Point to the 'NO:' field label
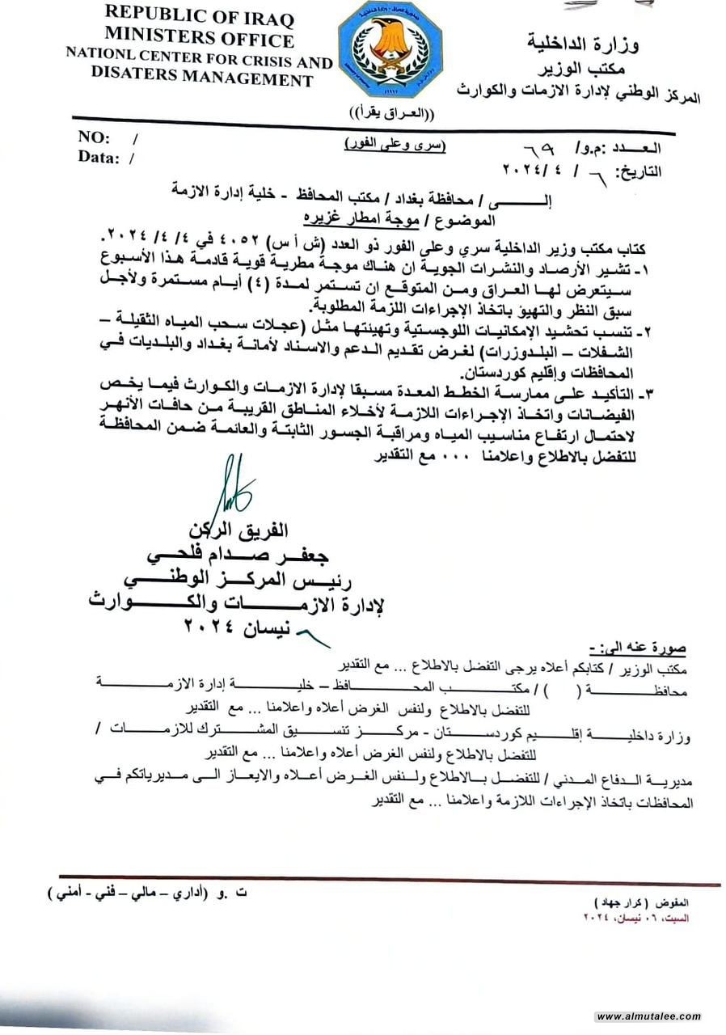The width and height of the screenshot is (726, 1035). coord(95,137)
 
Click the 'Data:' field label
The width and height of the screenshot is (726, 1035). coord(99,158)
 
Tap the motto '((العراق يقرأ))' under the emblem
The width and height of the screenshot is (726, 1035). coord(391,111)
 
